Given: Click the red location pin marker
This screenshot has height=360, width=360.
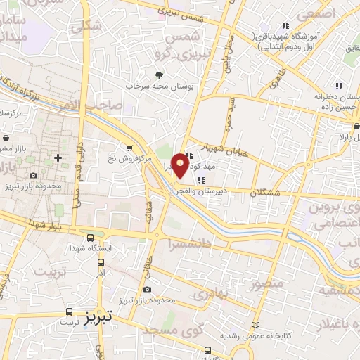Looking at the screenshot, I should click(x=181, y=165).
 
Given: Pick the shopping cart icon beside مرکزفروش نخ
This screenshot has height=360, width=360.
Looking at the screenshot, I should click(x=129, y=148).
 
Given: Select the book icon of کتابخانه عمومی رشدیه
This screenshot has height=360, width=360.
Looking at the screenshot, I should click(x=255, y=326).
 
